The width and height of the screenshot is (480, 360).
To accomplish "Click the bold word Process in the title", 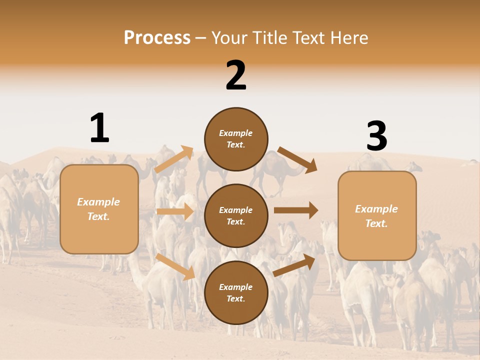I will click(157, 38).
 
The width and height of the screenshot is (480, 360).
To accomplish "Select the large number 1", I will click(99, 128).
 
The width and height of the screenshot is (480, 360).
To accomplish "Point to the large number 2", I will click(236, 75).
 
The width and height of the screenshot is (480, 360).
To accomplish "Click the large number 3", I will click(376, 136).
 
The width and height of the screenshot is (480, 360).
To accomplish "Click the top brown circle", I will click(236, 138).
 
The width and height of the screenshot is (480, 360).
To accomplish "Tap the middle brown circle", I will click(236, 215).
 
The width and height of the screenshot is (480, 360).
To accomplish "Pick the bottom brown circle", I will click(236, 292).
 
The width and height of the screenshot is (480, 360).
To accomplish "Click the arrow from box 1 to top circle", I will click(174, 159).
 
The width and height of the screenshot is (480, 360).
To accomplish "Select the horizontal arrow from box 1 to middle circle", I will click(175, 211).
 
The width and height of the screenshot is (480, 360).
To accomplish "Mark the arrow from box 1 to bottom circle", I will click(175, 266).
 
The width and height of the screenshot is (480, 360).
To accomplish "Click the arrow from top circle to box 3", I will click(297, 160).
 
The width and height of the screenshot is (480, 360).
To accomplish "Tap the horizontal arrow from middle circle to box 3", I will click(295, 210).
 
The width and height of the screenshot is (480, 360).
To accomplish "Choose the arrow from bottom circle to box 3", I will click(295, 265).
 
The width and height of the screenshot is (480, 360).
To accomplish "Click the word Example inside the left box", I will click(98, 202).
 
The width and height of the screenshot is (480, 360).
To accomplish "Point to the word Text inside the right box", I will click(376, 223).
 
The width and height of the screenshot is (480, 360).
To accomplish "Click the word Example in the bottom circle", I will click(235, 287).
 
